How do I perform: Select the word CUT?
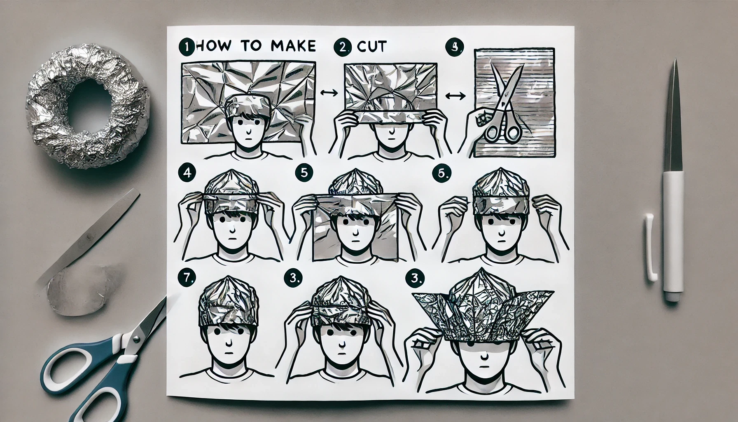[x=372, y=47]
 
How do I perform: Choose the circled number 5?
[x=303, y=173]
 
